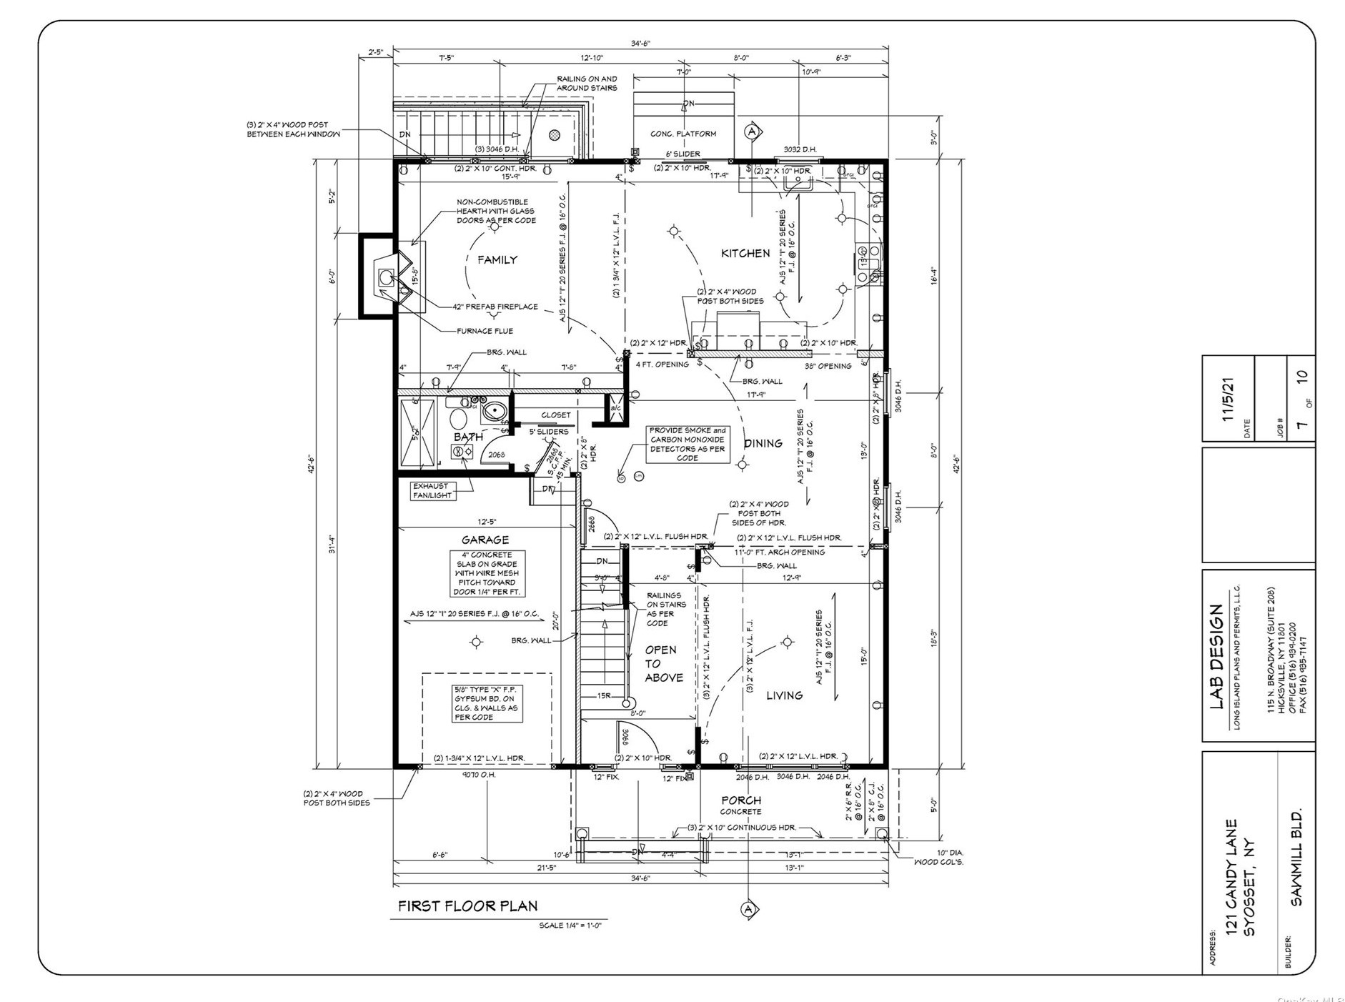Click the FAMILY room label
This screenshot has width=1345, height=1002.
coord(497,260)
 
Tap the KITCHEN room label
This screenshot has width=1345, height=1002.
coord(745,254)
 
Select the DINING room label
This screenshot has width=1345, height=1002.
coord(763,444)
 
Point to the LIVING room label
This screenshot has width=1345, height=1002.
coord(784,695)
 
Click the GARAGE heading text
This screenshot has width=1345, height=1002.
coord(485,540)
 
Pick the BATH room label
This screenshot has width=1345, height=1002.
coord(468,437)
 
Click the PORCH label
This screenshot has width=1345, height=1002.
coord(740,800)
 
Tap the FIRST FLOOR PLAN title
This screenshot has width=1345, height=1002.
coord(467,906)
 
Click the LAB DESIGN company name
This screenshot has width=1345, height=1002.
coord(1216,657)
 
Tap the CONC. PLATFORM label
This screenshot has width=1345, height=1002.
coord(683,134)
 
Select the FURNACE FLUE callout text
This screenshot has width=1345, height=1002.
coord(485,331)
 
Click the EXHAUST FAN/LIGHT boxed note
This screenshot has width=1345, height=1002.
coord(432,490)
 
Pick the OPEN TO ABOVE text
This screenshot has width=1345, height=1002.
coord(663,663)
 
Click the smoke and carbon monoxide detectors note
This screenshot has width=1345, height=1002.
coord(687,444)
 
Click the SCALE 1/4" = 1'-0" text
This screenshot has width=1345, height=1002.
coord(570,926)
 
